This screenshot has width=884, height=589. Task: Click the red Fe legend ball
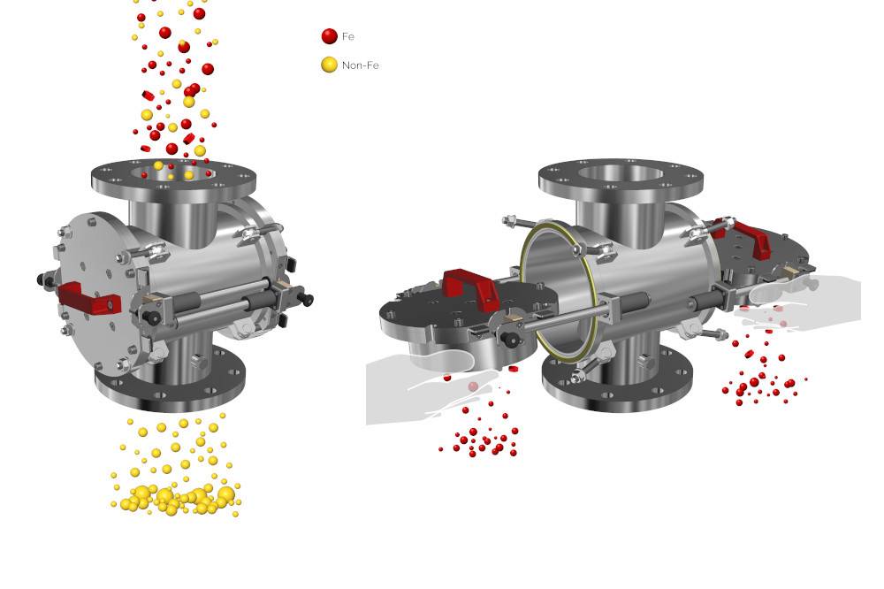(329, 36)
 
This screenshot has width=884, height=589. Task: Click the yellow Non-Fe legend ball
(329, 65)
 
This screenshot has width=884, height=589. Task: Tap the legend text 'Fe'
(347, 36)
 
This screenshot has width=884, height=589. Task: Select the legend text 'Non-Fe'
(361, 65)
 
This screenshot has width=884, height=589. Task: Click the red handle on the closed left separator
(89, 298)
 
